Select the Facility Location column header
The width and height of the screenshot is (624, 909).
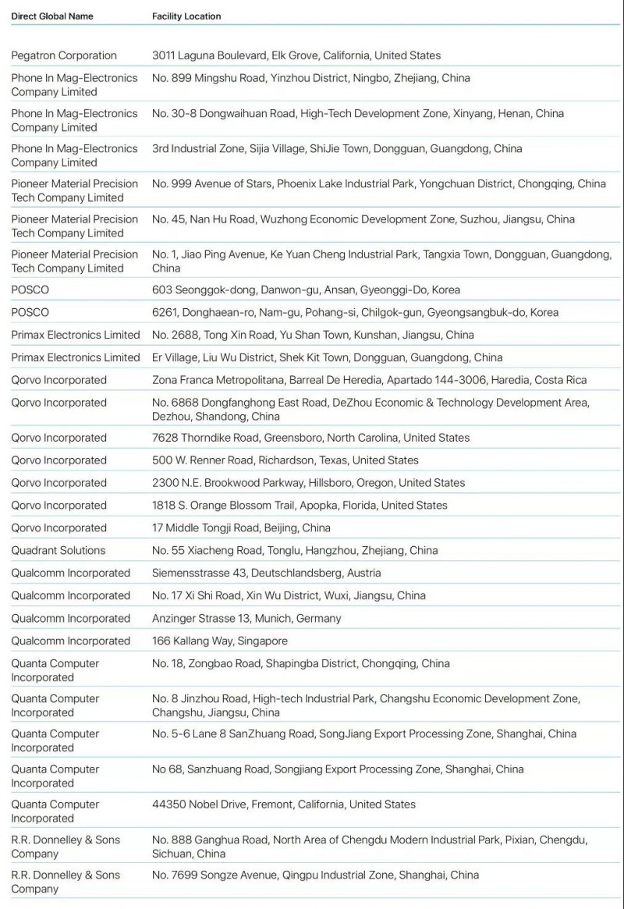[x=186, y=16]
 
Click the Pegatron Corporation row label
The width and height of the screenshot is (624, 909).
[x=64, y=55]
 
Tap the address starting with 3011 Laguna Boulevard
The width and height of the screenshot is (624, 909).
[x=296, y=55]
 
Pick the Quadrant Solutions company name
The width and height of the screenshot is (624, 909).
[x=58, y=550]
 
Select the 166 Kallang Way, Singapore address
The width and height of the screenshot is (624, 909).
[x=220, y=641]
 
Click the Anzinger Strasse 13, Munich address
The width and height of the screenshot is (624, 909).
[x=246, y=618]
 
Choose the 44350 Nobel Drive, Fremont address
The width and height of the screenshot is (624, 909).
[x=284, y=804]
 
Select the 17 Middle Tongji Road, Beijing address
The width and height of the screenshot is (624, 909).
[x=241, y=527]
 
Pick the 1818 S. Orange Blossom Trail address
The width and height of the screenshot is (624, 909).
[x=300, y=505]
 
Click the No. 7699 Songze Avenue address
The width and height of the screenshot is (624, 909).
[x=316, y=875]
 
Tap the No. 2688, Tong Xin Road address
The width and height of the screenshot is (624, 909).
[x=313, y=335]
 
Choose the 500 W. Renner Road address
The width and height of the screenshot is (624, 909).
[x=285, y=460]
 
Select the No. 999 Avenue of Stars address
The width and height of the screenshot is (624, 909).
[x=379, y=184]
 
